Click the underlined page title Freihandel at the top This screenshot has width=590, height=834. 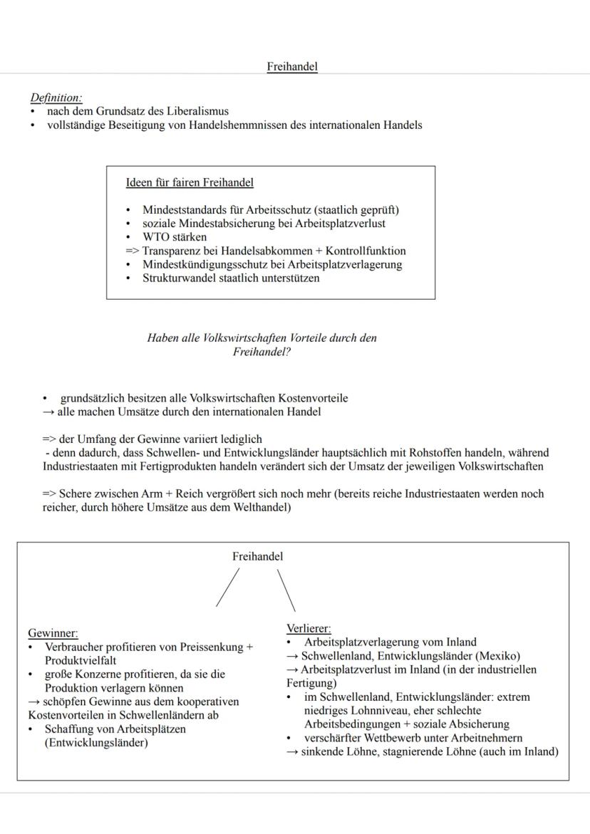coord(292,67)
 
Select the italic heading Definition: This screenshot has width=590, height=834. coord(56,98)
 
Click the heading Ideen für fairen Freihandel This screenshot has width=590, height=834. coord(190,183)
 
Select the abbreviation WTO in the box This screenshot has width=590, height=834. coord(156,237)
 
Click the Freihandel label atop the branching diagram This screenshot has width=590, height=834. coord(257,557)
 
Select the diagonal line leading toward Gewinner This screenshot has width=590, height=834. coord(228,588)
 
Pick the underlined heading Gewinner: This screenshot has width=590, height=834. coord(53,632)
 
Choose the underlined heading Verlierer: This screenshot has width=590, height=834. coord(309,628)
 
